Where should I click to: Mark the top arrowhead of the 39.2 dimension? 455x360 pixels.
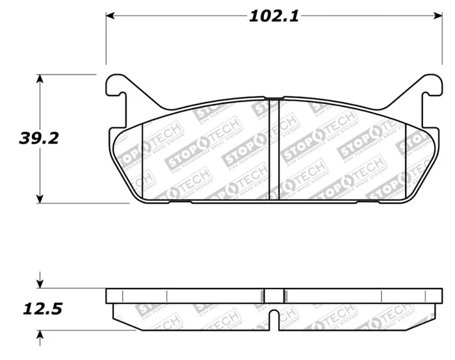pos(40,79)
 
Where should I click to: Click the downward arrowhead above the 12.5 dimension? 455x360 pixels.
pos(40,283)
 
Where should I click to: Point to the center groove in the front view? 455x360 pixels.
pos(276,149)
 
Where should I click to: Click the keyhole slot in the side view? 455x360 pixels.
pos(276,318)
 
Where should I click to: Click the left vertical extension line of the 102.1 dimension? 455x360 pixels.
pos(106,39)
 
